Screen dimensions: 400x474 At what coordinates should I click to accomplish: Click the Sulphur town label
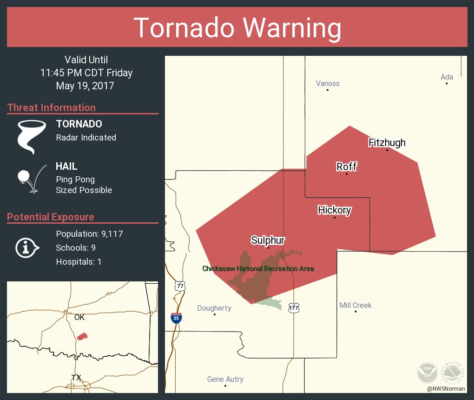[x=268, y=240]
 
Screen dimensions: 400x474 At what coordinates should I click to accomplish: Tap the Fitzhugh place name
[x=387, y=142]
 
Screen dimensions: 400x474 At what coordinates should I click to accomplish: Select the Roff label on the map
[x=347, y=167]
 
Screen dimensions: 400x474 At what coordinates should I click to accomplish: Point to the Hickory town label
[x=334, y=210]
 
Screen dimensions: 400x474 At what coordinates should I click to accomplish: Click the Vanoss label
[x=328, y=84]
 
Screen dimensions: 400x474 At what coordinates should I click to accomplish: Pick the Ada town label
[x=447, y=77]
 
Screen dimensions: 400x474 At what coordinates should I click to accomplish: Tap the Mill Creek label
[x=355, y=306]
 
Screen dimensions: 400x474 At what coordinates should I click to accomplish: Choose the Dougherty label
[x=214, y=308]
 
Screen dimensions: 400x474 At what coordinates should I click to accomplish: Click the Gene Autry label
[x=225, y=380]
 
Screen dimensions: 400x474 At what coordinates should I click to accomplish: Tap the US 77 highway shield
[x=180, y=286]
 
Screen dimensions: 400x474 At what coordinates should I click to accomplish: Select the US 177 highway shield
[x=294, y=308]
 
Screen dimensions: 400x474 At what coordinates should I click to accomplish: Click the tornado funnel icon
[x=32, y=136]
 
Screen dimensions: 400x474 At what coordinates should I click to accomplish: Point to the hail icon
[x=31, y=178]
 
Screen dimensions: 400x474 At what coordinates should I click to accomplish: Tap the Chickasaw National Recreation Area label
[x=258, y=269]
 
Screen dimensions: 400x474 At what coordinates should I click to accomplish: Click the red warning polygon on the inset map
[x=82, y=336]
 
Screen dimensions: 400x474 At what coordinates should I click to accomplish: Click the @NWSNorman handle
[x=447, y=388]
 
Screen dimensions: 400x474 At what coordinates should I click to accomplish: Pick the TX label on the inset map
[x=76, y=377]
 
